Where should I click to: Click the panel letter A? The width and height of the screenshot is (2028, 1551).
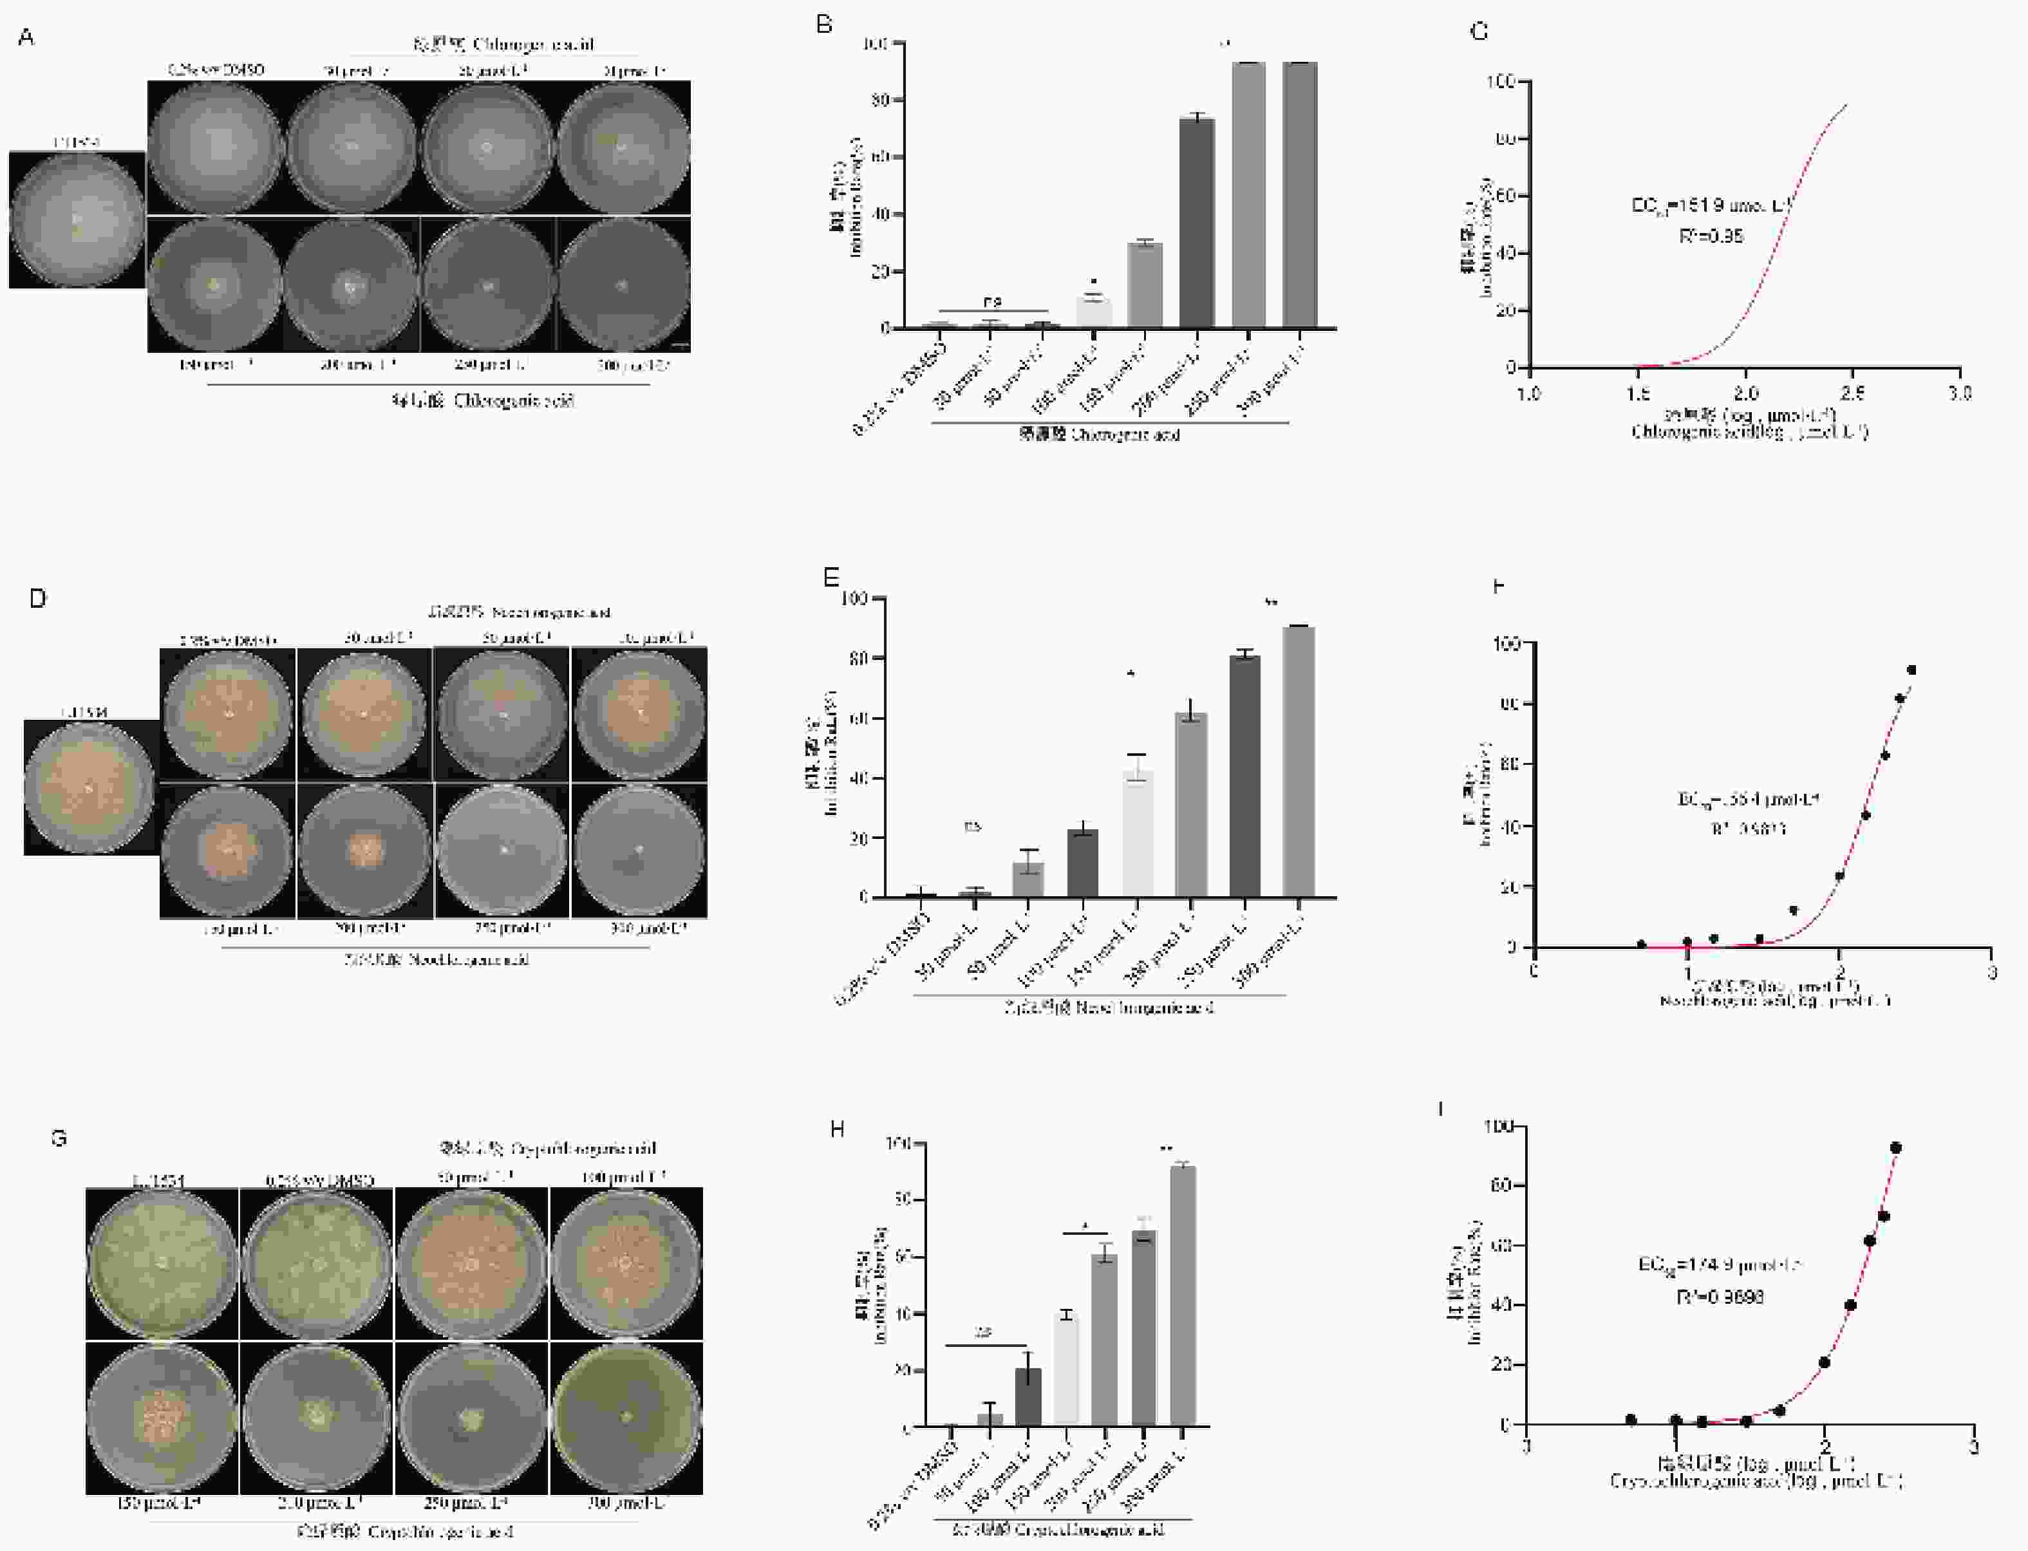point(26,37)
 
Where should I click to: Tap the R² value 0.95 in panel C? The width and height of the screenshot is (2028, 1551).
point(1711,236)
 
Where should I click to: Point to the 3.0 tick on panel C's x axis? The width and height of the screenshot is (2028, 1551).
point(1960,393)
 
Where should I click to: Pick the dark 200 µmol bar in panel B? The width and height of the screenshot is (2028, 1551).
point(1197,223)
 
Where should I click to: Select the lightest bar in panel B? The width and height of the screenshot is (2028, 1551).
point(1094,311)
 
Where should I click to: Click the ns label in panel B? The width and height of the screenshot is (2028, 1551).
point(992,301)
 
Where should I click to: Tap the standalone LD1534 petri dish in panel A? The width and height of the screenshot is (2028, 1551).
point(77,220)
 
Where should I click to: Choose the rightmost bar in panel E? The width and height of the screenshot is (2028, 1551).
point(1299,762)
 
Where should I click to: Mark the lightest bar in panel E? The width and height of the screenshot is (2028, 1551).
point(1137,834)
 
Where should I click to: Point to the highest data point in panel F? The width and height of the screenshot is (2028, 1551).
point(1911,670)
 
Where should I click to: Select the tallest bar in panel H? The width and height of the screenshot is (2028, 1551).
point(1183,1295)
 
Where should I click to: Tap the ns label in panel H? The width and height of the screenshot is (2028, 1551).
point(984,1332)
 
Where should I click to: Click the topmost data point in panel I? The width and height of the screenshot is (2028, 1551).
point(1896,1147)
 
